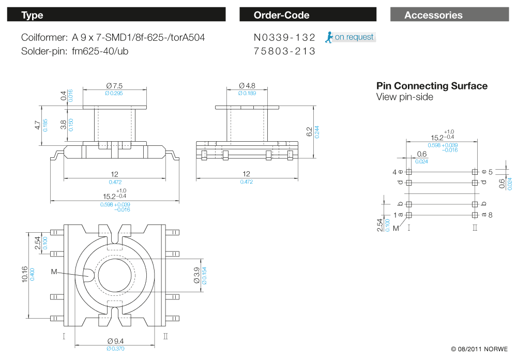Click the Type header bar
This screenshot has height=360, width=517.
[x=116, y=15]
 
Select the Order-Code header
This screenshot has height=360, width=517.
[x=308, y=15]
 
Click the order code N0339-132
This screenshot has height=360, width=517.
[x=284, y=37]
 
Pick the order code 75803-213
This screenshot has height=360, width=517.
[x=284, y=51]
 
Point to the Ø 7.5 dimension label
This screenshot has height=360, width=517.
[x=114, y=85]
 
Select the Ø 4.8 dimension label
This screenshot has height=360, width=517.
[x=248, y=85]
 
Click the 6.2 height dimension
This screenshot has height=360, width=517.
[x=309, y=132]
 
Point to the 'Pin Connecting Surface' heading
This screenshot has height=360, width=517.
[x=432, y=86]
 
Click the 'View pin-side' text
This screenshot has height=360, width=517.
[x=404, y=97]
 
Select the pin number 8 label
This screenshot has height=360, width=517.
[x=490, y=215]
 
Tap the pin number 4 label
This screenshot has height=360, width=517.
[x=394, y=172]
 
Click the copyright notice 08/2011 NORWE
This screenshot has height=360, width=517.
[x=479, y=349]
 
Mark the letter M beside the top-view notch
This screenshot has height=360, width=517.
[x=54, y=272]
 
